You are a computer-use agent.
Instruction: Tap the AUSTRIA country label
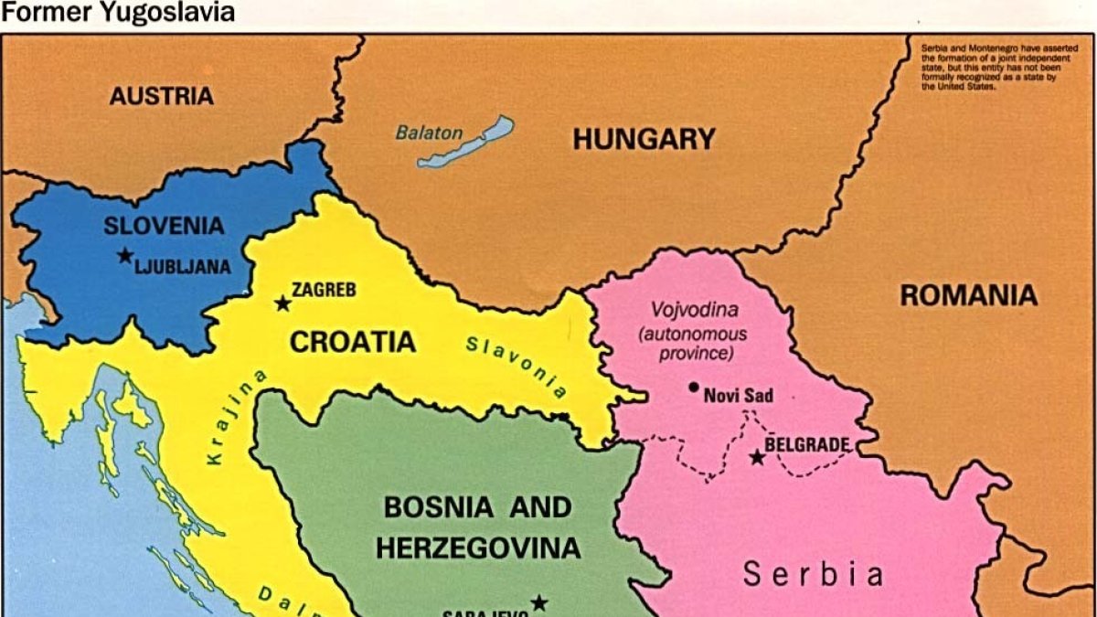coord(162,95)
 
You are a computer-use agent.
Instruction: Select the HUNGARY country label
coord(644,139)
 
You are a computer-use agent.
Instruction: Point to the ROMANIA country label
coord(968,295)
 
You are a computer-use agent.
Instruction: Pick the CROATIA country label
coord(352,342)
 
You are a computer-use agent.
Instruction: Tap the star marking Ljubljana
coord(124,256)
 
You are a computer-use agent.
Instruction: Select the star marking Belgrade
coord(757,456)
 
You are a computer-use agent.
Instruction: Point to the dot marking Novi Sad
coord(694,388)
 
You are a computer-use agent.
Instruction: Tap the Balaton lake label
coord(429,133)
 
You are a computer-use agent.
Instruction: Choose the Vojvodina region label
coord(694,310)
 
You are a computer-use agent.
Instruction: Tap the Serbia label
coord(813,574)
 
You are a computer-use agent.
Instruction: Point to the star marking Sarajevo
coord(539,603)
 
